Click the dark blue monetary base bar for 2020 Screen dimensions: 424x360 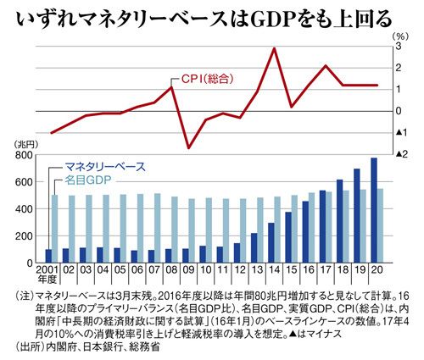point(374,210)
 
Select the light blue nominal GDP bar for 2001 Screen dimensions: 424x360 point(55,229)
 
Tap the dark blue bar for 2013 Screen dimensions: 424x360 point(254,248)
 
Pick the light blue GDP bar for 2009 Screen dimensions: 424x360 point(192,230)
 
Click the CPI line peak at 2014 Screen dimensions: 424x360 point(273,48)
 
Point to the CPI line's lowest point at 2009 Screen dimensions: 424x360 point(189,148)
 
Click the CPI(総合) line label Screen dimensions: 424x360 point(207,79)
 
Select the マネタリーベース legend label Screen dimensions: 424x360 point(105,167)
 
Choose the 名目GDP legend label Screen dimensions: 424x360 point(88,180)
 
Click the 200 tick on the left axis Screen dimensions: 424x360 point(25,236)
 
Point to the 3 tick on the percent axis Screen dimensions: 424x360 point(398,47)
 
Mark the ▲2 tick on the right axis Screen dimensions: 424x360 point(401,154)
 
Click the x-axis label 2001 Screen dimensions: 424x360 point(47,270)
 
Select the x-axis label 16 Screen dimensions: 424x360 point(309,270)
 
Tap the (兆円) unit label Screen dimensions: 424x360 point(25,145)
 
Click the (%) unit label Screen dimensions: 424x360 point(400,36)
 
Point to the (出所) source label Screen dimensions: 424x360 point(30,346)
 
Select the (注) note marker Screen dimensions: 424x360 point(25,296)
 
